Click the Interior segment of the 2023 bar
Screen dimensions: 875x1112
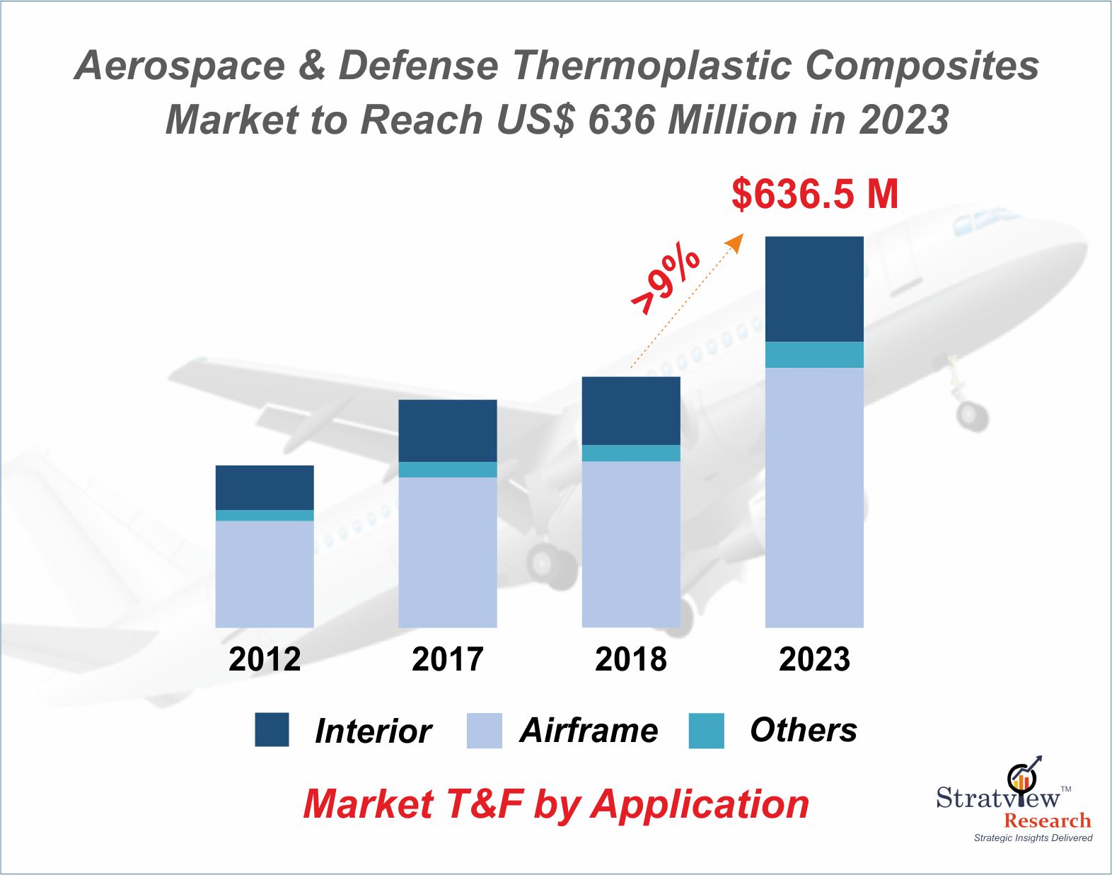[x=814, y=289]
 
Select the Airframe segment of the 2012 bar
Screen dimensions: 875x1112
[x=265, y=574]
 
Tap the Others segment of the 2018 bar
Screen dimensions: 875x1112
[x=631, y=453]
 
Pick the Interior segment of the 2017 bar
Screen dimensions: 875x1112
[x=448, y=431]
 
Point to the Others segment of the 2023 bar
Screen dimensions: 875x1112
[x=814, y=354]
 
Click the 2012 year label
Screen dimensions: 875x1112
[x=265, y=659]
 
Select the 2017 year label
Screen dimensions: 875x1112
[x=448, y=659]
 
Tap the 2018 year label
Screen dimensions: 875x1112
[x=631, y=659]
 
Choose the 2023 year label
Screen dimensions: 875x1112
[x=814, y=659]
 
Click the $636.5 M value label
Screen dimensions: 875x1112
[x=815, y=194]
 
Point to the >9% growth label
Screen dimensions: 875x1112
[x=665, y=279]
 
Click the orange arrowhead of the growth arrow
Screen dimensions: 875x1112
[x=736, y=242]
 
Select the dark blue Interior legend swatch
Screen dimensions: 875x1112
[x=272, y=729]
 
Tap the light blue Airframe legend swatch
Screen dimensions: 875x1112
[x=484, y=730]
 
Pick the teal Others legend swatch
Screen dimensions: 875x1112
[x=706, y=730]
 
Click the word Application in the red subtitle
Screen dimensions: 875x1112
[x=700, y=804]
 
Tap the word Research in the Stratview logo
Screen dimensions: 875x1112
[x=1048, y=821]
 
